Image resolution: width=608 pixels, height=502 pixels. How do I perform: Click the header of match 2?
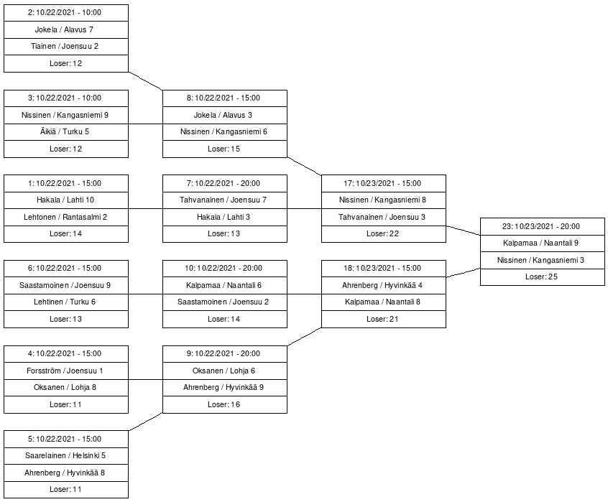coord(66,13)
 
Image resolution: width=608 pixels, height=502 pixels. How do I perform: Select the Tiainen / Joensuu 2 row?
coord(66,47)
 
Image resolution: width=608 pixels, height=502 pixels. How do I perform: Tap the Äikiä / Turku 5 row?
coord(66,132)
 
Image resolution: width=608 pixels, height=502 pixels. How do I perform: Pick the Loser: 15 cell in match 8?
coord(225,149)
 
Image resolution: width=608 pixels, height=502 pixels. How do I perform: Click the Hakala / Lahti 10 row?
coord(66,200)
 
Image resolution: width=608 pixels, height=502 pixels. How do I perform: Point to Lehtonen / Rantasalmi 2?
coord(66,218)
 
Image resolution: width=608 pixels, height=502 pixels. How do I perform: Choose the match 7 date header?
coord(225,183)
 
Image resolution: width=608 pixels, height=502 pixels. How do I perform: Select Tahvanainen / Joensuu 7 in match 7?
coord(225,200)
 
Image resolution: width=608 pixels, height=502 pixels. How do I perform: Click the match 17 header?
coord(384,183)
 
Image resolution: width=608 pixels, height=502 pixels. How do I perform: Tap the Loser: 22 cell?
coord(384,234)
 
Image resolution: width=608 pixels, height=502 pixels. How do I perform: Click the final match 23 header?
coord(543,227)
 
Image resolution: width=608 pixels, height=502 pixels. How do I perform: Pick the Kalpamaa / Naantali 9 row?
coord(543,243)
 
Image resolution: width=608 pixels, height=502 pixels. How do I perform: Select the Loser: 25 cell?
coord(543,277)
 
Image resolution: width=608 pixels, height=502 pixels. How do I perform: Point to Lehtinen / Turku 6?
coord(66,302)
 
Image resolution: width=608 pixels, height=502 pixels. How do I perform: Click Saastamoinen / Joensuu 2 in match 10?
coord(225,302)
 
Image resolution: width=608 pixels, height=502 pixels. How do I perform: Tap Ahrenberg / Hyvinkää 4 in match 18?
coord(384,286)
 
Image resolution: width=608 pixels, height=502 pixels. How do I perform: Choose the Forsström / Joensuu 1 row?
coord(66,371)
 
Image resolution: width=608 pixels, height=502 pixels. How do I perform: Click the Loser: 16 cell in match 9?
coord(225,405)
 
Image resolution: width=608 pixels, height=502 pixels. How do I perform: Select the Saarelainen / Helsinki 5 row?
coord(66,456)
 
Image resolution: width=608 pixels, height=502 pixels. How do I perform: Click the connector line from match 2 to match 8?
coord(145,81)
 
